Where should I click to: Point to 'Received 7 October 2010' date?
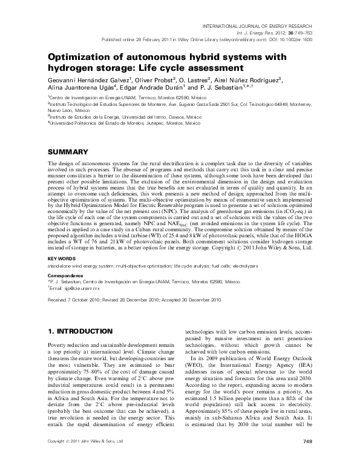coord(72,299)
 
